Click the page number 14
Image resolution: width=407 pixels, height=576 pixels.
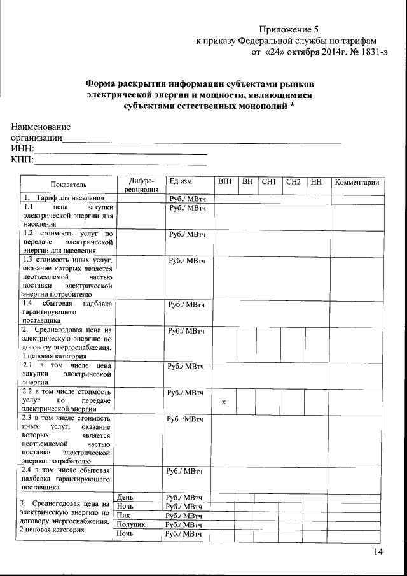pos(379,552)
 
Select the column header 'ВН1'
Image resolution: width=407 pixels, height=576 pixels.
pos(224,183)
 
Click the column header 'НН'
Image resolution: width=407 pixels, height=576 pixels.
pos(316,183)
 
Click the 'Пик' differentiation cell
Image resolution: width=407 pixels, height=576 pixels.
pos(125,515)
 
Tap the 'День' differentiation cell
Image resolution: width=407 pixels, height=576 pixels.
pos(127,496)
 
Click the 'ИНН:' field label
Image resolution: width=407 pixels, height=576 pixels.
pos(22,148)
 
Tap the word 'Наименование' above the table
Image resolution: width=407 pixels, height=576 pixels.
pos(41,127)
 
